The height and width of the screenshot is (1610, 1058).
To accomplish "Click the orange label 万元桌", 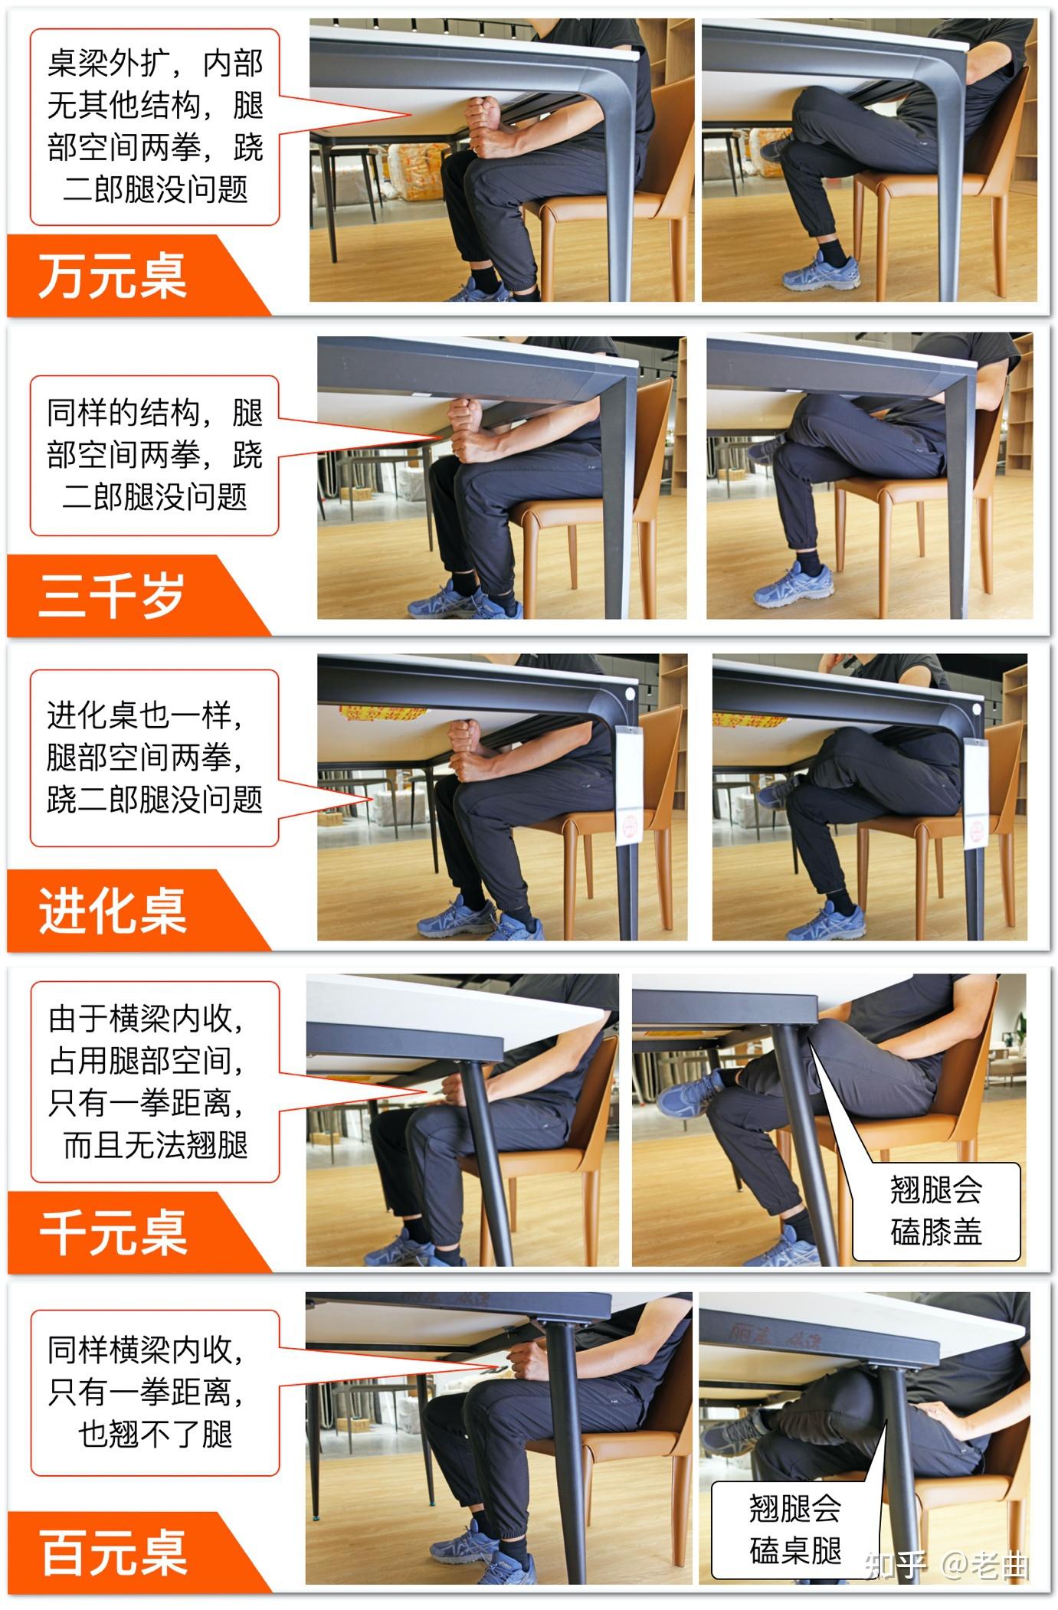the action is point(113,276).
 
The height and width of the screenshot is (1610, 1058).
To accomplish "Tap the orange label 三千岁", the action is point(112,595).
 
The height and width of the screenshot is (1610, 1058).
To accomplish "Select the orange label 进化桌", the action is point(113,911).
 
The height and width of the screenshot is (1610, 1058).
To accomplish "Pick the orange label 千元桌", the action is point(113,1232).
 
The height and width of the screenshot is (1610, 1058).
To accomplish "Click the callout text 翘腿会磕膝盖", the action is point(936,1211).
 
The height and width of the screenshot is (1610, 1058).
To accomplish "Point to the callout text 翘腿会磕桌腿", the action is point(794,1529).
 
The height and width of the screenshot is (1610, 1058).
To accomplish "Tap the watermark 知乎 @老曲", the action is point(946,1566).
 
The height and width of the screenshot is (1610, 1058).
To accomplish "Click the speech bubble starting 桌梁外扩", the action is point(155,126).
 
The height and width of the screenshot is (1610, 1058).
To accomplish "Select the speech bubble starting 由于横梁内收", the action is point(155,1082).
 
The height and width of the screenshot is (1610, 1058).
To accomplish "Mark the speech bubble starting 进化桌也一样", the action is point(155,758).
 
